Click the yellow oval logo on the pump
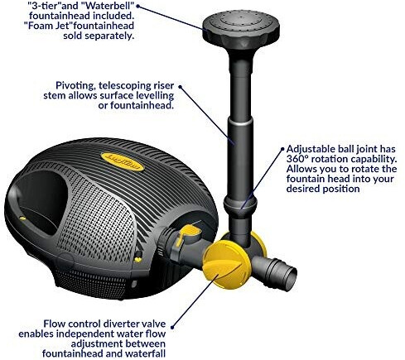(122, 162)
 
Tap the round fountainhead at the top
(241, 29)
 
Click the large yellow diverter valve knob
(227, 264)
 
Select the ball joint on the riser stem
(240, 204)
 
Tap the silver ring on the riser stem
(240, 122)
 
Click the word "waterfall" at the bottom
(145, 353)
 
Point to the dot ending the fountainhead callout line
(138, 6)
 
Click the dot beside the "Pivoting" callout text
(180, 86)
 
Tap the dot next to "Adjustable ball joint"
(282, 149)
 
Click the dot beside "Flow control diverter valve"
(172, 328)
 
